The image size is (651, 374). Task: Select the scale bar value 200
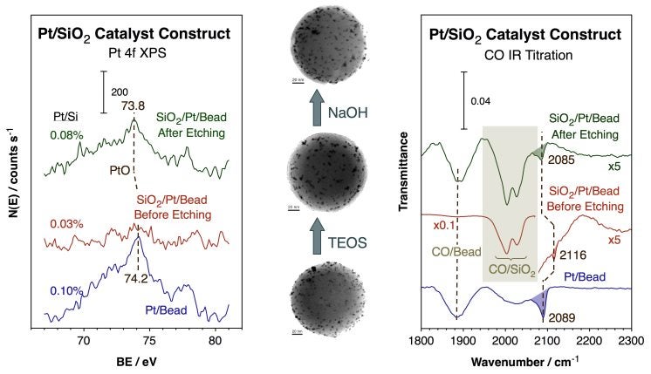[120, 91]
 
